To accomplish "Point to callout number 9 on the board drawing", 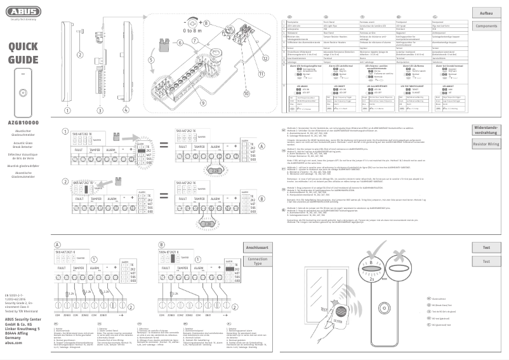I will (203, 102).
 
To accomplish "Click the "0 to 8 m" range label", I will (190, 30).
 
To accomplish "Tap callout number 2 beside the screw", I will (80, 55).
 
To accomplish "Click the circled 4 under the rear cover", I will (125, 109).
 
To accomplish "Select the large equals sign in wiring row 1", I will (163, 145).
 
